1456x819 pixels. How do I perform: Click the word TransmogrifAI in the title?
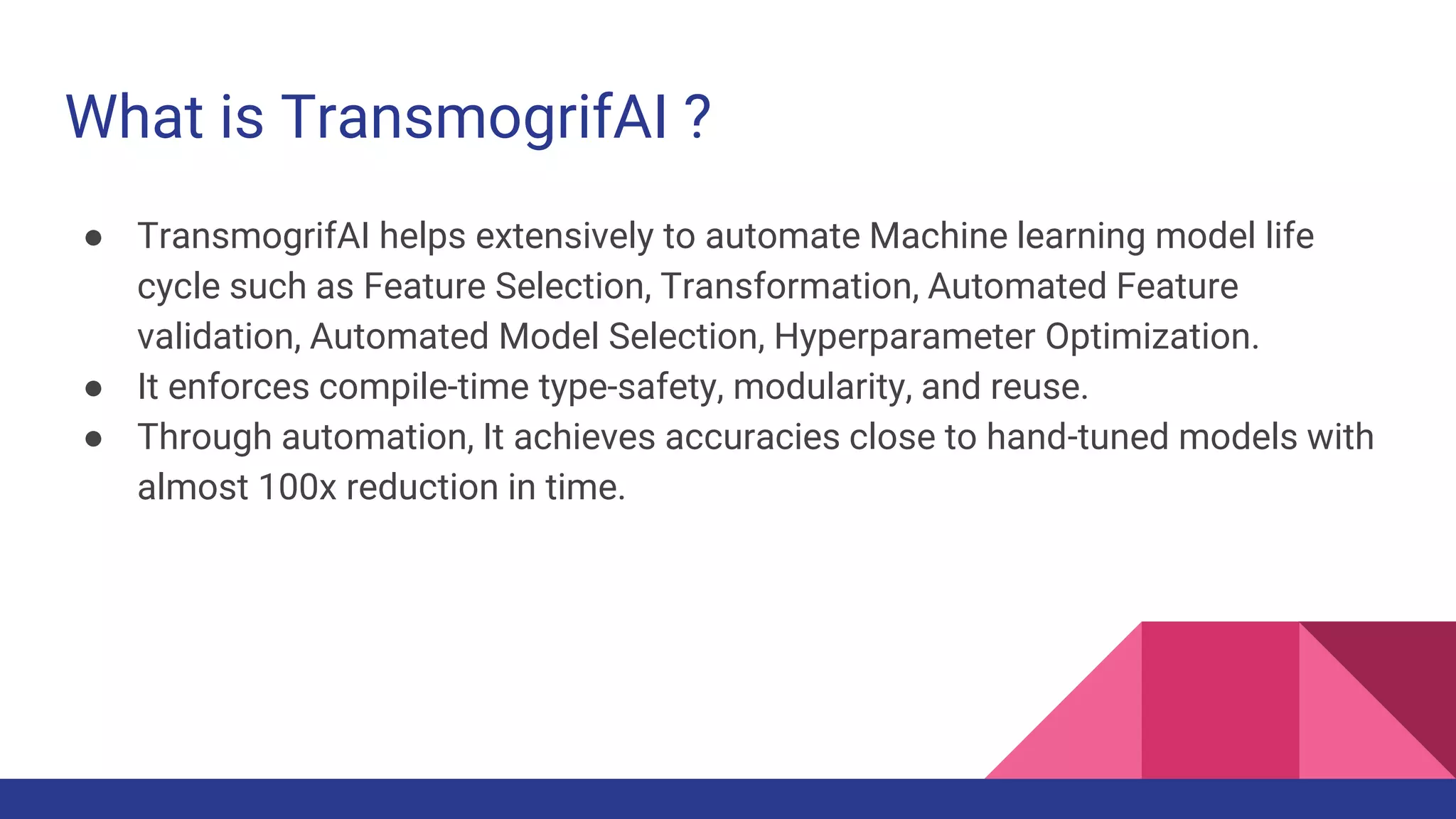tap(474, 117)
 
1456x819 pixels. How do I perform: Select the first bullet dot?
tap(93, 238)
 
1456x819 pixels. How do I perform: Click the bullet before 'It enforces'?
tap(93, 389)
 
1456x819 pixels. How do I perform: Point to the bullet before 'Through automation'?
tap(93, 439)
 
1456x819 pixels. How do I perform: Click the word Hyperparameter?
tap(904, 337)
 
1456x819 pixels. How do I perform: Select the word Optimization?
tap(1152, 337)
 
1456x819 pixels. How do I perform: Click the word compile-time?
tap(424, 387)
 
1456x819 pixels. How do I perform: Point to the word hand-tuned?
tap(1077, 437)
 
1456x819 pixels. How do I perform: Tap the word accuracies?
tap(752, 437)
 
